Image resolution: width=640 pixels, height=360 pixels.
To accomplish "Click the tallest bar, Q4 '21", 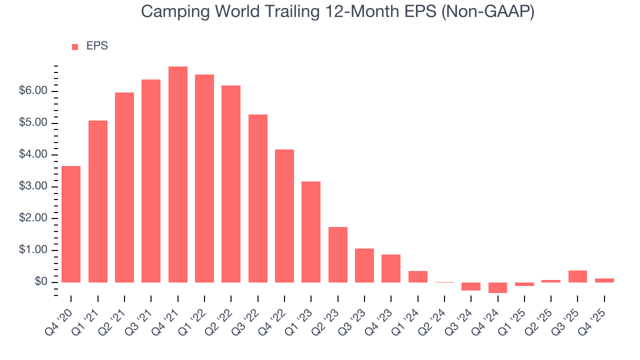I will tap(177, 174).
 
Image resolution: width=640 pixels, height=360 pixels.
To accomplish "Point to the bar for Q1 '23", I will tap(311, 232).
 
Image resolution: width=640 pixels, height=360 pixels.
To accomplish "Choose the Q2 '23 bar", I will tap(337, 254).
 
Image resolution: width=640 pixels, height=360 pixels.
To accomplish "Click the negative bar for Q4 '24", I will tap(497, 287).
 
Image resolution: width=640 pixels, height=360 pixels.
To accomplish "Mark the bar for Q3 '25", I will tap(577, 276).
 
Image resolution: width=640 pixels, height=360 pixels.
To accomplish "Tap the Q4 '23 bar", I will tap(391, 268).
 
